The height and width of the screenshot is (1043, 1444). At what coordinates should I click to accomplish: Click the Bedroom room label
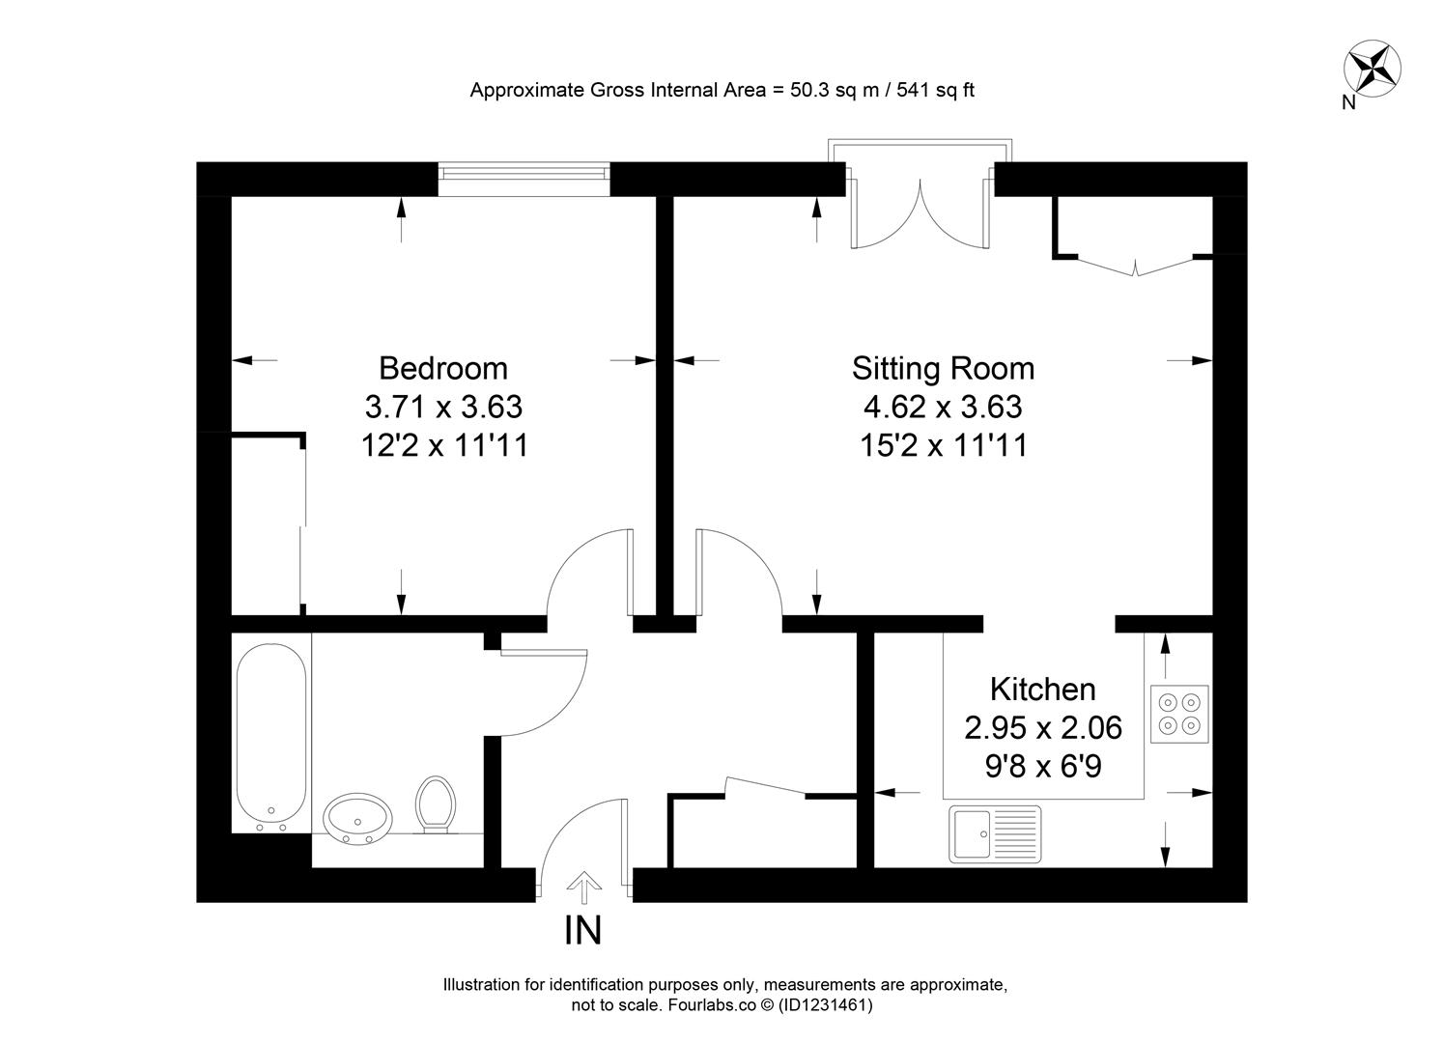click(x=442, y=368)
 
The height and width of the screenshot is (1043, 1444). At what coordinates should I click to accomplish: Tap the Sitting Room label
click(x=943, y=368)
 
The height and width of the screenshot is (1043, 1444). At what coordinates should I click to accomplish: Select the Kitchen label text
click(x=1042, y=690)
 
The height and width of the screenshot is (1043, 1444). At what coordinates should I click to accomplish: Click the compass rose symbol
click(x=1373, y=69)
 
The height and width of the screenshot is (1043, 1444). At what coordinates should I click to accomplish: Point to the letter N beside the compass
click(x=1348, y=103)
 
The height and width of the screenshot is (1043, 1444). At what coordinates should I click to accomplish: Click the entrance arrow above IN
click(x=583, y=886)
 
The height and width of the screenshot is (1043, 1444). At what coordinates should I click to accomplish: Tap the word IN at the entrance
click(x=583, y=930)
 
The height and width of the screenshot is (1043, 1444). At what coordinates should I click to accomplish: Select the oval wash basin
click(x=357, y=819)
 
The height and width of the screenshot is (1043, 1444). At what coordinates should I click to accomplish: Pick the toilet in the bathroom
click(x=436, y=803)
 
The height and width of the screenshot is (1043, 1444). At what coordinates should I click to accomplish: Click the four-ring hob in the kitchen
click(x=1179, y=714)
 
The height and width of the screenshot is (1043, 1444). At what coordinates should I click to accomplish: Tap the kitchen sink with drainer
click(x=995, y=833)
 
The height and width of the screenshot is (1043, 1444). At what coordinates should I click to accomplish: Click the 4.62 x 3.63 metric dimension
click(x=943, y=407)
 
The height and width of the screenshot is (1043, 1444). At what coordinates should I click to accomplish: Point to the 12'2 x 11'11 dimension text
click(x=444, y=445)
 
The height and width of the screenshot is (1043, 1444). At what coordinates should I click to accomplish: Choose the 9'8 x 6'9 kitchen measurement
click(x=1043, y=767)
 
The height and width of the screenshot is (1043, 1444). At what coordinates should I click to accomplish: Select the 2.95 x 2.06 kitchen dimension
click(x=1043, y=727)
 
